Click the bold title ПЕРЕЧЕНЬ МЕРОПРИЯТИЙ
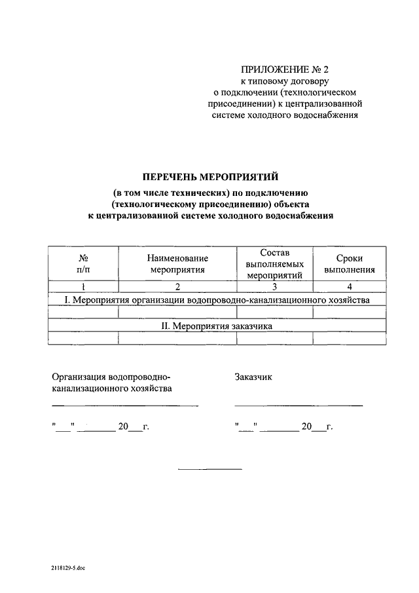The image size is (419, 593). pyautogui.click(x=211, y=176)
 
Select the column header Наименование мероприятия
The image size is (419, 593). pyautogui.click(x=177, y=263)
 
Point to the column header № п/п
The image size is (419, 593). pyautogui.click(x=84, y=263)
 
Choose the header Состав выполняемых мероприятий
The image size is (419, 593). pyautogui.click(x=274, y=263)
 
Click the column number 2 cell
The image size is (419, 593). pyautogui.click(x=177, y=286)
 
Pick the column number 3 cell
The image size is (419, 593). pyautogui.click(x=274, y=286)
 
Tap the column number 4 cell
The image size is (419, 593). pyautogui.click(x=349, y=286)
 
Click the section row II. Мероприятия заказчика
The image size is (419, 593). pyautogui.click(x=217, y=325)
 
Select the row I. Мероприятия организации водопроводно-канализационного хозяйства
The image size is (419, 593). pyautogui.click(x=217, y=299)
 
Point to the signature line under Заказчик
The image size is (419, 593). pyautogui.click(x=298, y=406)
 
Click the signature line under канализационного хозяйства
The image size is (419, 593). pyautogui.click(x=125, y=406)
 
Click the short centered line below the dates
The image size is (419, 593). pyautogui.click(x=210, y=469)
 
